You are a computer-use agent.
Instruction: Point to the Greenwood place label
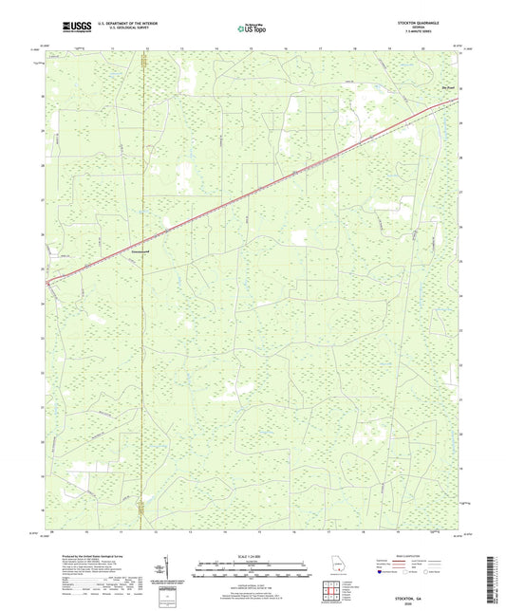coord(141,253)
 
